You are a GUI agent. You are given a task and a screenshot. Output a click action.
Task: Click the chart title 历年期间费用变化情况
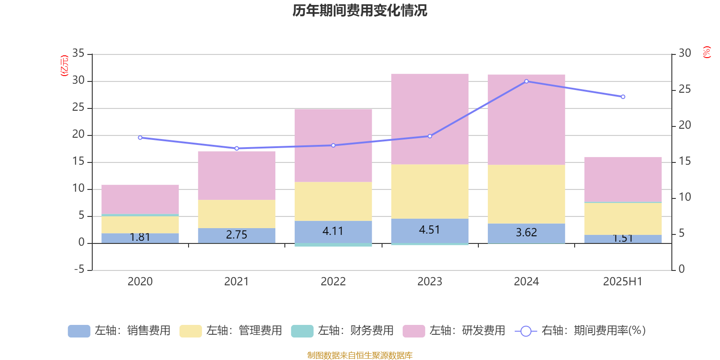coord(360,10)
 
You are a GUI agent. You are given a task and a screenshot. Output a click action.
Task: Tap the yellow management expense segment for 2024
coord(526,194)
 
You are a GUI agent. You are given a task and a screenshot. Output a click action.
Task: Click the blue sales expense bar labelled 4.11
coord(333,232)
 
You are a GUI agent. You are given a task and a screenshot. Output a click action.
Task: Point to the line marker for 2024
coord(526,81)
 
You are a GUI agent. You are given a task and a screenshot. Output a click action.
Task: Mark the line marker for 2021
coord(237,148)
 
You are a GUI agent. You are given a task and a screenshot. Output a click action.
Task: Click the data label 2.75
coord(237,235)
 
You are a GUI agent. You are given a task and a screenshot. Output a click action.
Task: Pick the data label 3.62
coord(526,233)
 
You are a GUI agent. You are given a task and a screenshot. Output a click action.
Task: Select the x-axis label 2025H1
coord(623,282)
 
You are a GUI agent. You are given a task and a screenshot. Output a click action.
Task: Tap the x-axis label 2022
coord(333,282)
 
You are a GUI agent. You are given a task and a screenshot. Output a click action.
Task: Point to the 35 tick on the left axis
coord(78,54)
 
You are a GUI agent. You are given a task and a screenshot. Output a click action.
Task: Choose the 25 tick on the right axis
coord(684,90)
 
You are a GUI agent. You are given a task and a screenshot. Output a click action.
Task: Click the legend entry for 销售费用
coord(120,331)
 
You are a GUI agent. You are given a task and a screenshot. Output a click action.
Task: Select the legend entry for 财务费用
coord(343,331)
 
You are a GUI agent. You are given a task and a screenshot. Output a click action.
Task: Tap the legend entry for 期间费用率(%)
coord(580,331)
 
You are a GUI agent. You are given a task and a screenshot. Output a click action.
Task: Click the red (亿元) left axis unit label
coord(64,66)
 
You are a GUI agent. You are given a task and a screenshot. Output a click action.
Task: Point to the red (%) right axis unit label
coord(707,52)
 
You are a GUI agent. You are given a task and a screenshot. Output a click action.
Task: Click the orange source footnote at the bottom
coord(360,355)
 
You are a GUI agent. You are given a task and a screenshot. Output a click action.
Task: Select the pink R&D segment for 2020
coord(140,199)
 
